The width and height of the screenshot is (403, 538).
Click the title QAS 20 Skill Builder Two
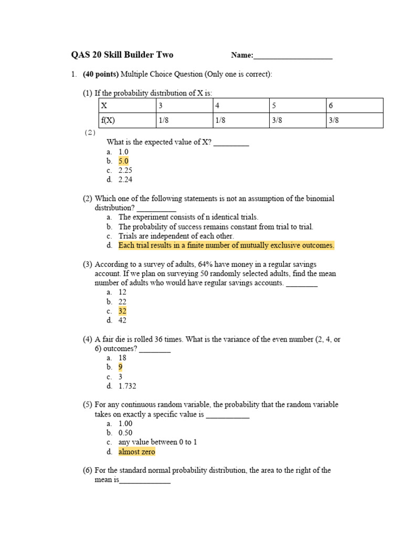pos(122,55)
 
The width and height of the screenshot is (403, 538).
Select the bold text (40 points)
pos(101,75)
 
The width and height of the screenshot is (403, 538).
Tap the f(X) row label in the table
pos(108,120)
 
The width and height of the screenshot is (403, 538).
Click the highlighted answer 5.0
pos(123,161)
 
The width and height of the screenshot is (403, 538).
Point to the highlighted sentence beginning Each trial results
pos(226,245)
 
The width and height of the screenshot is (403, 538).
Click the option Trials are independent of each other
pos(176,236)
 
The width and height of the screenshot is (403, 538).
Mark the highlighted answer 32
pos(122,311)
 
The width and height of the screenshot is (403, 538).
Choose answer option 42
pos(122,320)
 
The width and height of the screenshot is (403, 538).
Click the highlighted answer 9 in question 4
pos(121,367)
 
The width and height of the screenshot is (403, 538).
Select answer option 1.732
pos(127,386)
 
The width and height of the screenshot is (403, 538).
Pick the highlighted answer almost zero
pos(136,452)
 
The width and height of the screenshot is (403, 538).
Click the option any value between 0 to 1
pos(157,442)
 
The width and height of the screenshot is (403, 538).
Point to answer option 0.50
pos(125,433)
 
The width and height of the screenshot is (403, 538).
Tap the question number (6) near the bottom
pos(87,471)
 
